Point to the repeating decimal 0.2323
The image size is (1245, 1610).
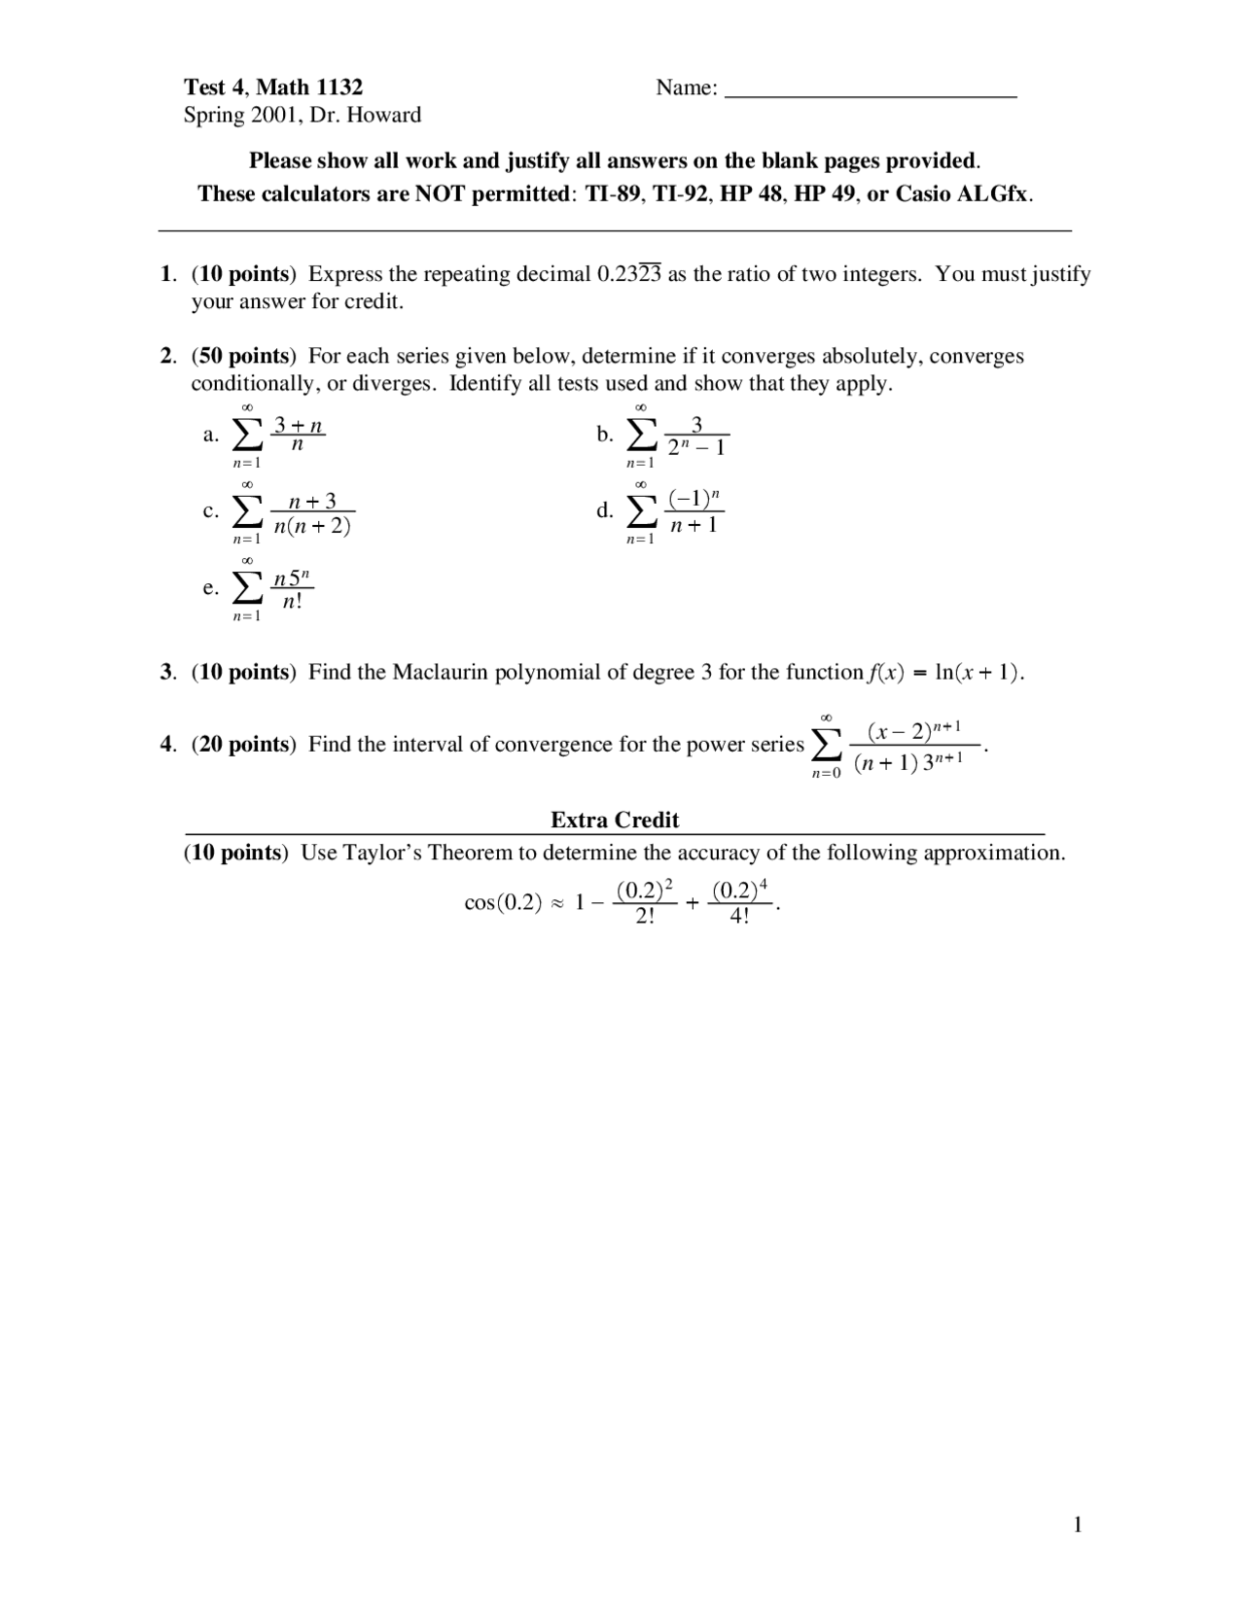[628, 274]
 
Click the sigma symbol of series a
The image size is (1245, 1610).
[247, 435]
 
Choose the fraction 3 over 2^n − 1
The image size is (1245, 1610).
[696, 436]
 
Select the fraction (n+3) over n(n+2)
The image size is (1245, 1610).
[312, 513]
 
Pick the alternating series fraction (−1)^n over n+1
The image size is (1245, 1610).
[694, 511]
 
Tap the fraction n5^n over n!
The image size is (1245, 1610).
[292, 589]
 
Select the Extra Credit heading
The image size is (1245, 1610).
[615, 821]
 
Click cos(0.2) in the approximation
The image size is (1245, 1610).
[503, 903]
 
